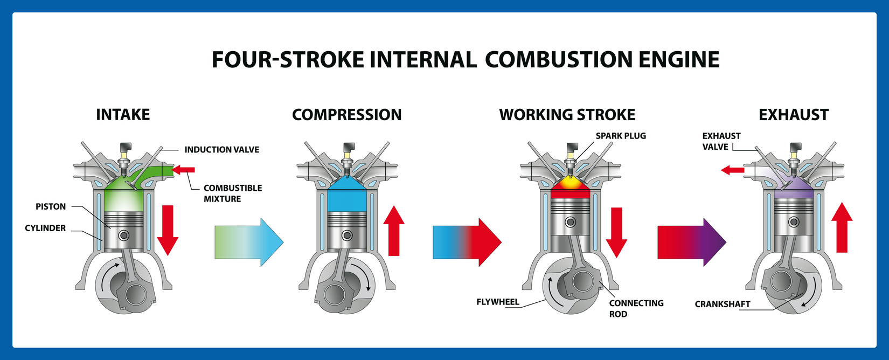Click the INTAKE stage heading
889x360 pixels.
coord(123,115)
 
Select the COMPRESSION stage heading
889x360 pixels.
coord(346,115)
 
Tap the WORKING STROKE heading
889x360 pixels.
coord(567,115)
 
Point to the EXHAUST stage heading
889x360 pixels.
coord(793,115)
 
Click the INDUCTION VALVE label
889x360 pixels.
coord(221,150)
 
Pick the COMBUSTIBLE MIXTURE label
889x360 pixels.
coord(232,193)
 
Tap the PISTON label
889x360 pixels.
coord(51,206)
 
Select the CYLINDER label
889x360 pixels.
coord(45,228)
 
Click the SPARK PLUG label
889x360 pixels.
coord(620,136)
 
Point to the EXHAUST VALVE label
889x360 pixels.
coord(721,141)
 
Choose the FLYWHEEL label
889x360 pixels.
coord(498,302)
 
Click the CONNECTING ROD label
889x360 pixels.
coord(636,308)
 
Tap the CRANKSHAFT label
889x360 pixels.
coord(722,304)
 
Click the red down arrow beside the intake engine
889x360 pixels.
coord(168,229)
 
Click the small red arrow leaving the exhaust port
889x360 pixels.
coord(732,170)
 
